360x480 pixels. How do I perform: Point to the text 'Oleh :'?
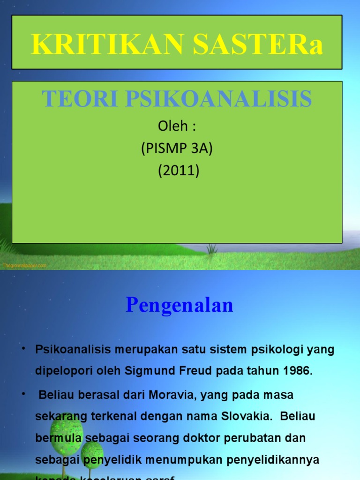point(178,127)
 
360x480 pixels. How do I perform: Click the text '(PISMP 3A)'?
point(178,149)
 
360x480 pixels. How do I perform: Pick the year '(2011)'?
point(178,171)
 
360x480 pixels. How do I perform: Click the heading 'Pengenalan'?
point(180,305)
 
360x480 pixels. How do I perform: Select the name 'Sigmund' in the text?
point(146,371)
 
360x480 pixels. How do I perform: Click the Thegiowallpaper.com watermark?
point(24,265)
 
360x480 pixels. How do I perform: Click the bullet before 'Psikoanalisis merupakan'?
point(23,350)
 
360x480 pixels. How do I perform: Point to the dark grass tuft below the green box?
point(212,248)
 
